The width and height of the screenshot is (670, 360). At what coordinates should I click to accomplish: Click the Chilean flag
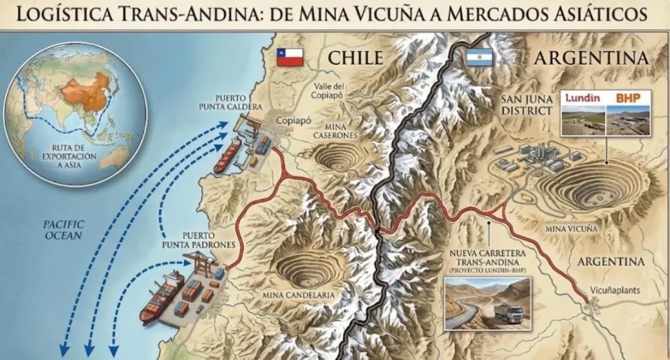click(x=289, y=57)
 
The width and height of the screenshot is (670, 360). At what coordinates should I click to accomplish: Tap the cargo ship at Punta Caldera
click(x=226, y=156)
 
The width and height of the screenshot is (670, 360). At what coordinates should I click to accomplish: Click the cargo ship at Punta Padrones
click(x=162, y=297)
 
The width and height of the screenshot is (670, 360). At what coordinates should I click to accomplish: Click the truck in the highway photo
click(x=508, y=313)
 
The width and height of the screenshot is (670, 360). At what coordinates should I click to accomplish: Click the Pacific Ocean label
click(x=63, y=229)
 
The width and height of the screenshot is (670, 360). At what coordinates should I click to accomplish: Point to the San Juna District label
click(x=527, y=105)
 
